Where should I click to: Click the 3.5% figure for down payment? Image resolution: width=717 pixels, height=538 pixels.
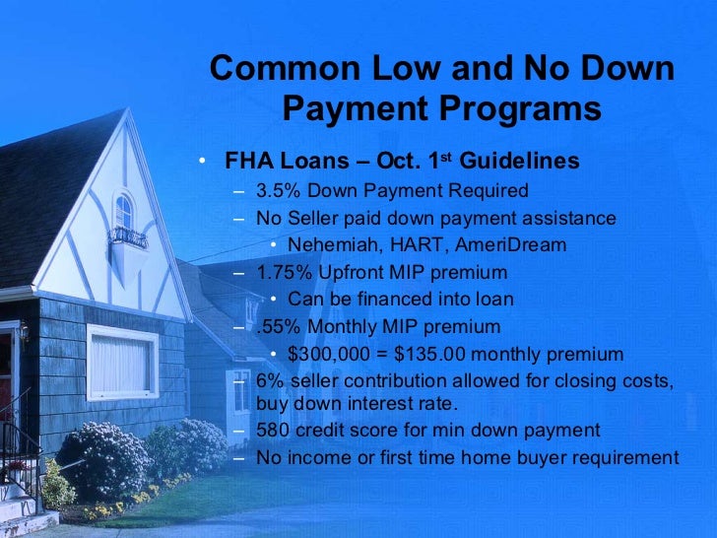pos(278,190)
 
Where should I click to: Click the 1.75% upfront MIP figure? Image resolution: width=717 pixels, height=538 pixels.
pos(283,272)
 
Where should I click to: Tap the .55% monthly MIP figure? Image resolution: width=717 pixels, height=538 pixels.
pos(277,326)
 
